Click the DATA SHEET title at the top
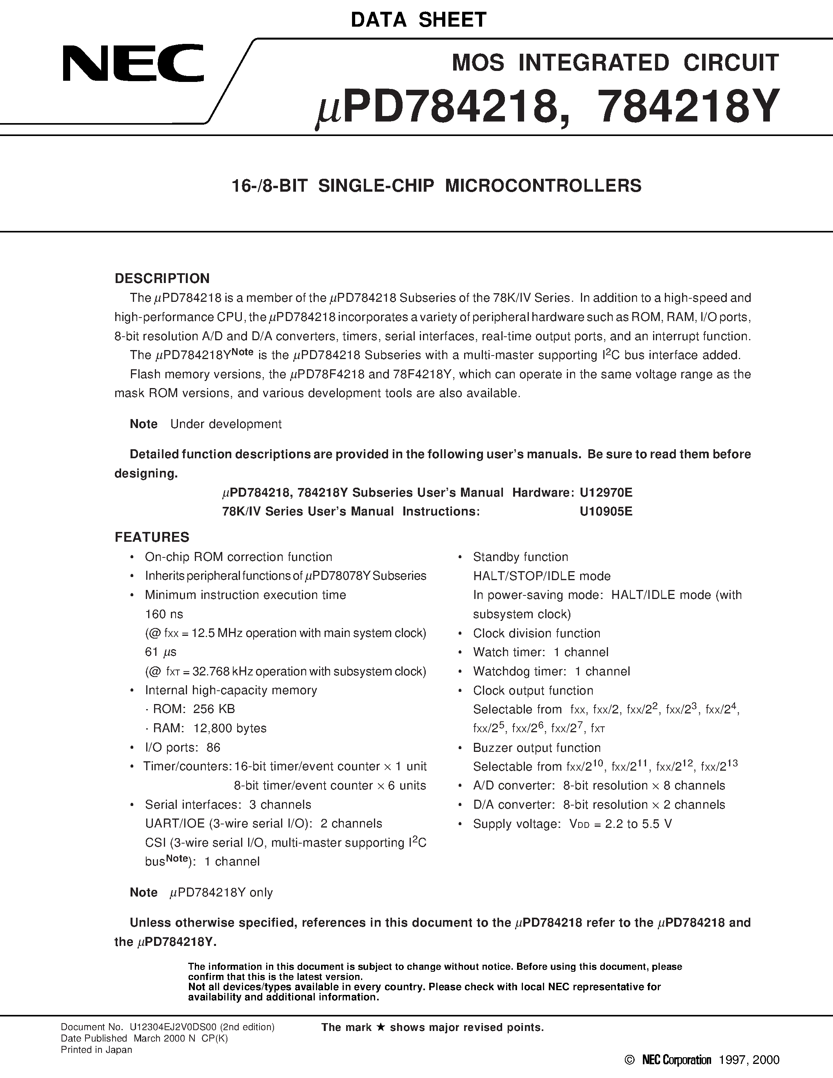pyautogui.click(x=419, y=20)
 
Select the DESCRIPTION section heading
pyautogui.click(x=162, y=278)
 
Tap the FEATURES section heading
pyautogui.click(x=152, y=537)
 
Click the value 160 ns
pyautogui.click(x=164, y=614)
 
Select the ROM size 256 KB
pyautogui.click(x=214, y=709)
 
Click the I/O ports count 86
pyautogui.click(x=213, y=747)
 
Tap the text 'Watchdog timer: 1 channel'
pyautogui.click(x=551, y=671)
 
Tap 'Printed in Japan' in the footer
pyautogui.click(x=96, y=1050)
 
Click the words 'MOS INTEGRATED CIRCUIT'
pyautogui.click(x=615, y=63)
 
